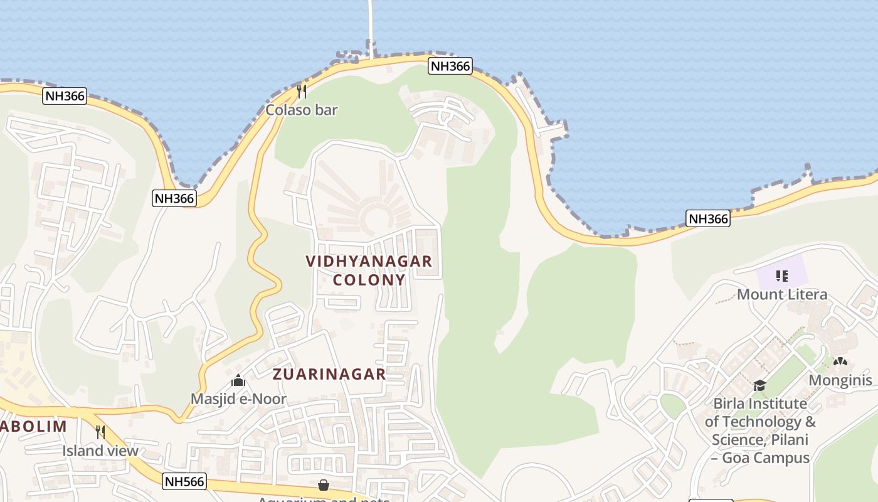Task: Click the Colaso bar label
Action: pyautogui.click(x=302, y=110)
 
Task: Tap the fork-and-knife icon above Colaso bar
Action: pyautogui.click(x=302, y=92)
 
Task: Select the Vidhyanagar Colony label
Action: pyautogui.click(x=369, y=270)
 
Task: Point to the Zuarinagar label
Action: pyautogui.click(x=329, y=375)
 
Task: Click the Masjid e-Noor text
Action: pyautogui.click(x=238, y=399)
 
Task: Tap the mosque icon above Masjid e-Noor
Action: pyautogui.click(x=238, y=380)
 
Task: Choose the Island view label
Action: pyautogui.click(x=100, y=451)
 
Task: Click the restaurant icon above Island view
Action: pyautogui.click(x=100, y=432)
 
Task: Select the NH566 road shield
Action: pyautogui.click(x=184, y=481)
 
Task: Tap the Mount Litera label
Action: pyautogui.click(x=782, y=294)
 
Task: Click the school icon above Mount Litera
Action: pyautogui.click(x=781, y=275)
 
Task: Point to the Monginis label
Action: pyautogui.click(x=840, y=380)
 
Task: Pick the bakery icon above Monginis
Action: pyautogui.click(x=840, y=362)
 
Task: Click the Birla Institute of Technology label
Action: pyautogui.click(x=760, y=430)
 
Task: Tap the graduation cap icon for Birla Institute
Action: pyautogui.click(x=759, y=385)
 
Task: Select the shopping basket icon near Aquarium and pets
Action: pyautogui.click(x=324, y=485)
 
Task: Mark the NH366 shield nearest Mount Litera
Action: pyautogui.click(x=708, y=218)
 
